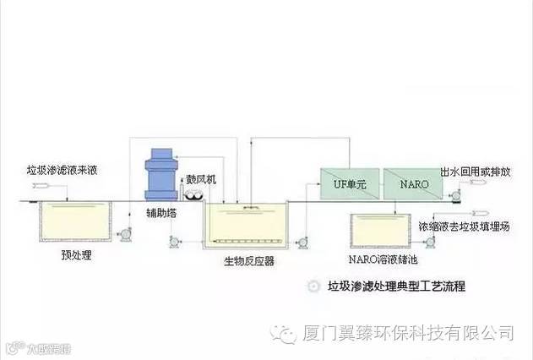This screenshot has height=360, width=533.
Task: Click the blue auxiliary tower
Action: (160, 172)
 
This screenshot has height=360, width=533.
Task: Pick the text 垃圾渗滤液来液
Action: (61, 170)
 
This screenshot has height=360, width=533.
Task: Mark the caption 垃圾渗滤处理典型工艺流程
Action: (396, 287)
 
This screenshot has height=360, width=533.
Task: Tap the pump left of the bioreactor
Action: (175, 243)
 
